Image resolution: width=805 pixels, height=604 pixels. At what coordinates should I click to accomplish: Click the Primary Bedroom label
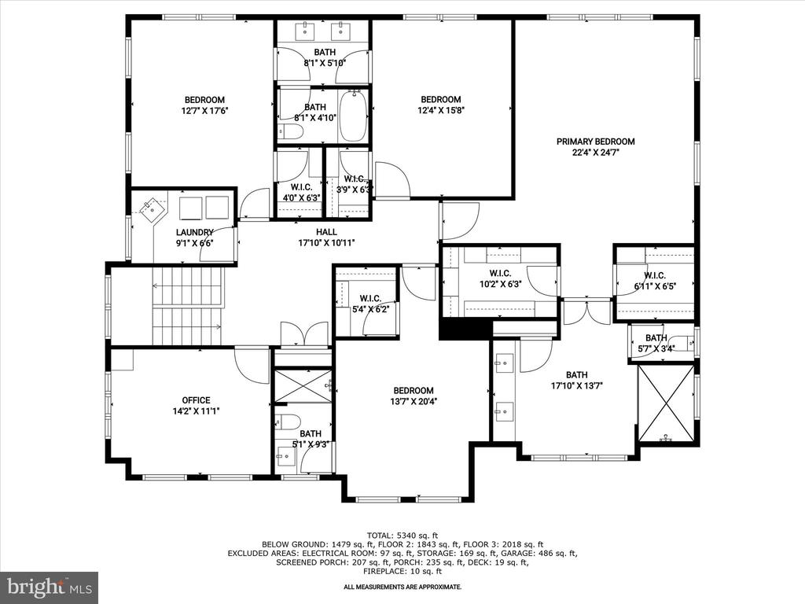pyautogui.click(x=596, y=142)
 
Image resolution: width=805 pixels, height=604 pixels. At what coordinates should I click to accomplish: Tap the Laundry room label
pyautogui.click(x=195, y=232)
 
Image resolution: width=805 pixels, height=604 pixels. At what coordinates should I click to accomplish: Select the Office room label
pyautogui.click(x=196, y=400)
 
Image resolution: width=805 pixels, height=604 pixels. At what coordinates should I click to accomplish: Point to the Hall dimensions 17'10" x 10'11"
pyautogui.click(x=326, y=243)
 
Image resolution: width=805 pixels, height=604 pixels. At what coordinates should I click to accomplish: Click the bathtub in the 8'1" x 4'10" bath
pyautogui.click(x=354, y=116)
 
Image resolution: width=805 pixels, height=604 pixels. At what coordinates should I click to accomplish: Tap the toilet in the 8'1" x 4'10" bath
pyautogui.click(x=289, y=133)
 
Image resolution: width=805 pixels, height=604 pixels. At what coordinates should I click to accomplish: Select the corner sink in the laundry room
pyautogui.click(x=153, y=209)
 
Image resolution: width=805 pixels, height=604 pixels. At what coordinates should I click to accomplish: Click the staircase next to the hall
pyautogui.click(x=188, y=307)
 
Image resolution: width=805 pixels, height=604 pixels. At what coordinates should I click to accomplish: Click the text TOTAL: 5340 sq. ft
pyautogui.click(x=402, y=536)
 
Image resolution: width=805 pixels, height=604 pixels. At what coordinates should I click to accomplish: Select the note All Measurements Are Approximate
pyautogui.click(x=402, y=587)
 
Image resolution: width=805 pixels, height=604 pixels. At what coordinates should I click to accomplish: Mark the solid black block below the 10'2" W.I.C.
pyautogui.click(x=465, y=330)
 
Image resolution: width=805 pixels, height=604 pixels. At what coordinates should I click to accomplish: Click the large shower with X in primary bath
pyautogui.click(x=666, y=403)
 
